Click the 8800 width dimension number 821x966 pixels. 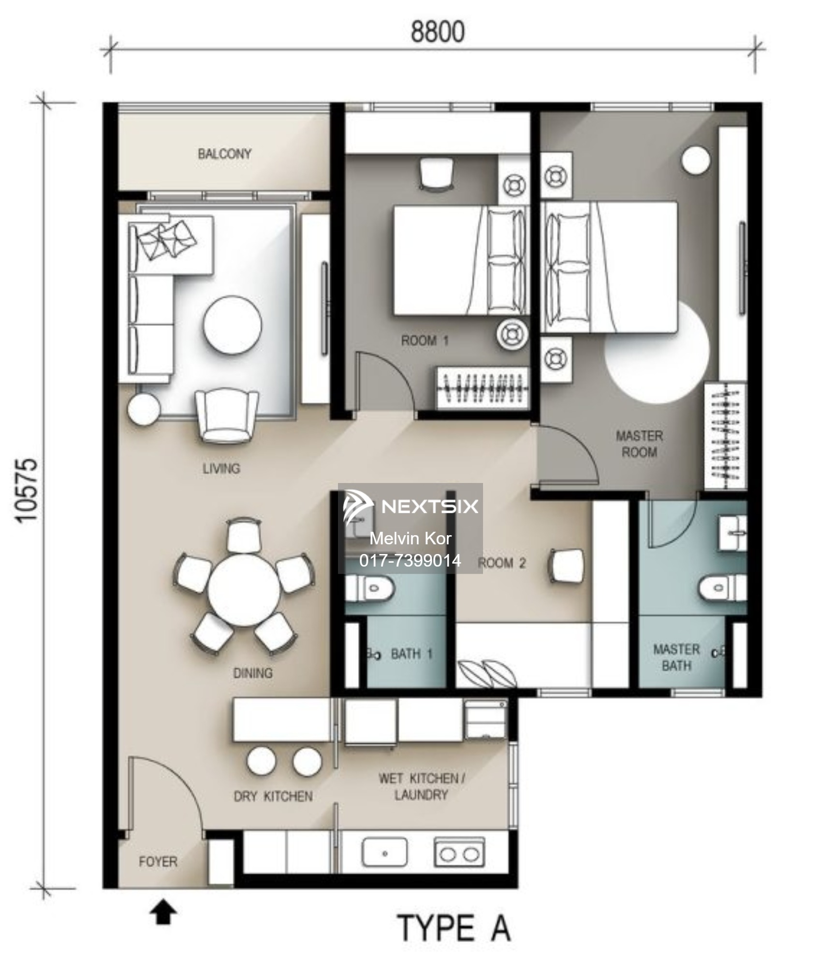tap(438, 32)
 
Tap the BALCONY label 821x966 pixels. tap(224, 154)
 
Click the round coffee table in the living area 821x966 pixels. tap(233, 325)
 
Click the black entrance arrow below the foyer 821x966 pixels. tap(163, 912)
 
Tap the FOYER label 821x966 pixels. tap(158, 862)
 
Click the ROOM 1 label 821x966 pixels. tap(425, 341)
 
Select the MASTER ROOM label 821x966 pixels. tap(639, 444)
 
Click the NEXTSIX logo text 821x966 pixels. tap(430, 506)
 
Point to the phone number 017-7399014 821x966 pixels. tap(410, 560)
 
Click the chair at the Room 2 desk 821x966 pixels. tap(565, 563)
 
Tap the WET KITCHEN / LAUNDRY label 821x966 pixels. tap(421, 787)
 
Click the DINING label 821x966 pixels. tap(252, 673)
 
